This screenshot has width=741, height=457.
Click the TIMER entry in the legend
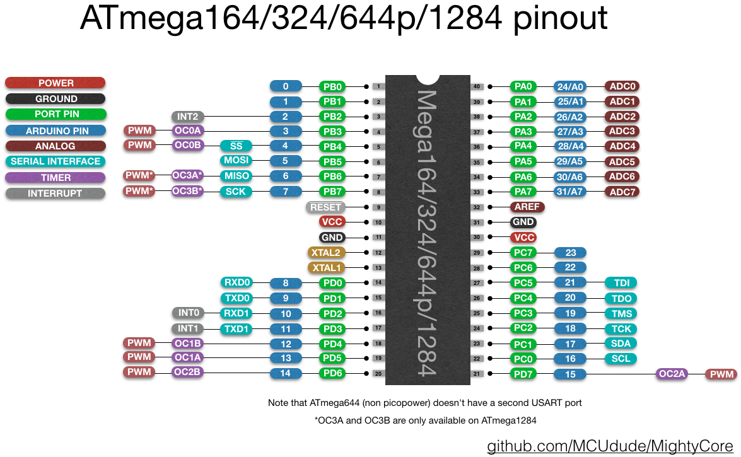(55, 178)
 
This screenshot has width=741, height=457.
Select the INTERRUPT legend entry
(55, 194)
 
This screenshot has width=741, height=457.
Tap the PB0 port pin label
(332, 86)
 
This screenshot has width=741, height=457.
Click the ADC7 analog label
(622, 192)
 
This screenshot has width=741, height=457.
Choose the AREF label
(527, 207)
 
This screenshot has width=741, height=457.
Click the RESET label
(325, 207)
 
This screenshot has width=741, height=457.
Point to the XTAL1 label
(325, 267)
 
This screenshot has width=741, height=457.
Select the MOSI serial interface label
(236, 161)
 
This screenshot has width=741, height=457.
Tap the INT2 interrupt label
(187, 117)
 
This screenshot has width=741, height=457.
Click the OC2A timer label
(672, 374)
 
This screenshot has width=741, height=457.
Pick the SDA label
(621, 344)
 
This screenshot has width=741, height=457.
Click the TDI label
(621, 282)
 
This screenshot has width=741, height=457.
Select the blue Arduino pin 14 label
(285, 373)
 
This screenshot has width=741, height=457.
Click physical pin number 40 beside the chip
(477, 86)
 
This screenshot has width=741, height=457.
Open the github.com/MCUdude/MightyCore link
(611, 446)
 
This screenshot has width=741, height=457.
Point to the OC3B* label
(188, 191)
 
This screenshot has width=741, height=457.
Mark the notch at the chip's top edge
(428, 79)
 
